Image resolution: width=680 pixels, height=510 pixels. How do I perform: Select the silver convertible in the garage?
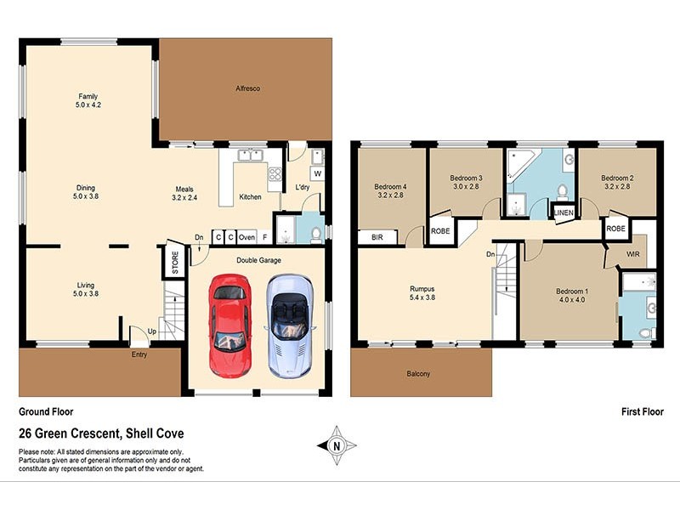click(x=287, y=326)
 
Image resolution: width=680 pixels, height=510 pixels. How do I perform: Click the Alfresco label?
click(x=247, y=88)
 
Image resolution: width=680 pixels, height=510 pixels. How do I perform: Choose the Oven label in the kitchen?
click(x=246, y=237)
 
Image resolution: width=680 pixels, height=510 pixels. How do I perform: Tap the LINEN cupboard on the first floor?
click(x=564, y=212)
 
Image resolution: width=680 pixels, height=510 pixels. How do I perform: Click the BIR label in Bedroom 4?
click(x=377, y=239)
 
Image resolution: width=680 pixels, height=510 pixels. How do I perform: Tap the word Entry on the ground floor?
click(x=139, y=354)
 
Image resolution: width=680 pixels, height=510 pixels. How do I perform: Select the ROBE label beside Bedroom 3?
click(x=440, y=230)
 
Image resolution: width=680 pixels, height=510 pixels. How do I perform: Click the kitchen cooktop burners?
click(x=275, y=174)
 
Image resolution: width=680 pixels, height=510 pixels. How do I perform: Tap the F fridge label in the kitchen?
click(x=264, y=237)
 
